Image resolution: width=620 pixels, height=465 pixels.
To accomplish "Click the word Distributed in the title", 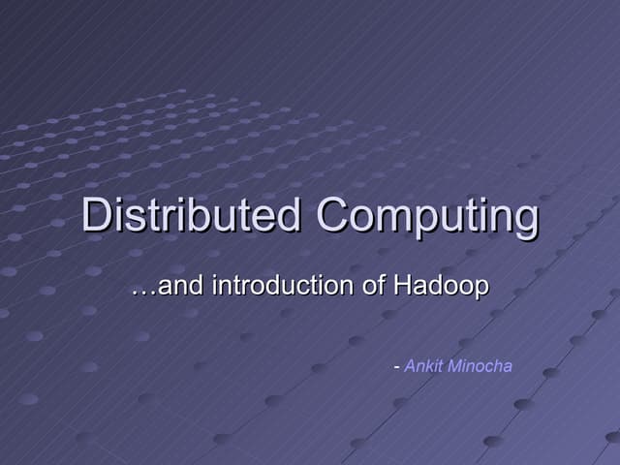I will pyautogui.click(x=192, y=215).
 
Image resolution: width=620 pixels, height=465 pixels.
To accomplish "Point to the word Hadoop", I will pyautogui.click(x=441, y=286).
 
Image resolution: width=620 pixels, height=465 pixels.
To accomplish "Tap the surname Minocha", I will pyautogui.click(x=479, y=365).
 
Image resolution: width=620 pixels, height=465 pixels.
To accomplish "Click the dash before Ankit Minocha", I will pyautogui.click(x=396, y=367).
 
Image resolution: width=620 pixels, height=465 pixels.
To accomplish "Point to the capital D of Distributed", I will pyautogui.click(x=97, y=215).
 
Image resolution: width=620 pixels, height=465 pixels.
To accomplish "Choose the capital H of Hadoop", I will pyautogui.click(x=404, y=286).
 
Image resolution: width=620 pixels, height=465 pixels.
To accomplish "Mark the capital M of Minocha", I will pyautogui.click(x=452, y=365).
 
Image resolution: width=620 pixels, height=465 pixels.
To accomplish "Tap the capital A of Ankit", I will pyautogui.click(x=410, y=365).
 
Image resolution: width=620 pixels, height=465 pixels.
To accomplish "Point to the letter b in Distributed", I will pyautogui.click(x=212, y=215).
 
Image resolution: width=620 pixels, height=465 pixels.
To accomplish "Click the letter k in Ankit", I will pyautogui.click(x=429, y=365).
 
